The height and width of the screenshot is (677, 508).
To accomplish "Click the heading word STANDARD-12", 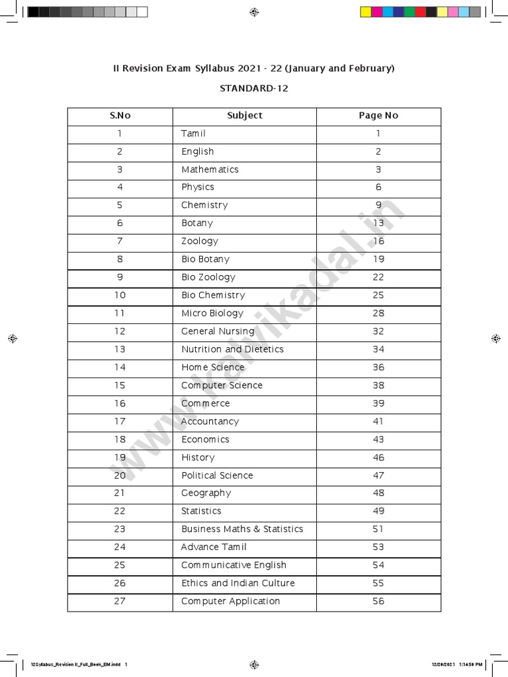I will click(x=254, y=88).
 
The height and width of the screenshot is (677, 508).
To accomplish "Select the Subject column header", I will click(x=245, y=116).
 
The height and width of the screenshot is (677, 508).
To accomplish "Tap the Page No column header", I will click(x=378, y=116).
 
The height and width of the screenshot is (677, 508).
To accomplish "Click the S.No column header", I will click(x=120, y=116).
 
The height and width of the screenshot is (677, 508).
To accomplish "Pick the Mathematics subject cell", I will click(x=210, y=170).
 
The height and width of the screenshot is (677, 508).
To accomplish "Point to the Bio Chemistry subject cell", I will click(x=213, y=296).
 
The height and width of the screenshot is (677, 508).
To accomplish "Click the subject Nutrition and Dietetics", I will click(x=232, y=349).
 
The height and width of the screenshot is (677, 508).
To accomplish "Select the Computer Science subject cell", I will click(x=222, y=385).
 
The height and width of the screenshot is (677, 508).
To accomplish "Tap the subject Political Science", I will click(x=217, y=475).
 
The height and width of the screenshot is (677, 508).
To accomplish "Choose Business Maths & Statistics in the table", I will click(x=242, y=529).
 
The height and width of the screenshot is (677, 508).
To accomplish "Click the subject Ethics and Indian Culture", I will click(x=238, y=583).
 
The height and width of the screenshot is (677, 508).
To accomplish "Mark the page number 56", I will click(x=378, y=601).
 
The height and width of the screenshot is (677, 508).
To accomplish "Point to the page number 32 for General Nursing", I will click(x=378, y=331).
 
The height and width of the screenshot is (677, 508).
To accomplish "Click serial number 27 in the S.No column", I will click(x=120, y=601).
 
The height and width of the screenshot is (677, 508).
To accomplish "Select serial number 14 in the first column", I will click(x=120, y=368).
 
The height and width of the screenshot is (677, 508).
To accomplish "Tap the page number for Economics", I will click(x=378, y=440).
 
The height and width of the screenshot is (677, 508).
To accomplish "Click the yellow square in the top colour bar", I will click(x=365, y=12).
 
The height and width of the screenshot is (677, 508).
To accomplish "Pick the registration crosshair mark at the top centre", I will click(x=254, y=12).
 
